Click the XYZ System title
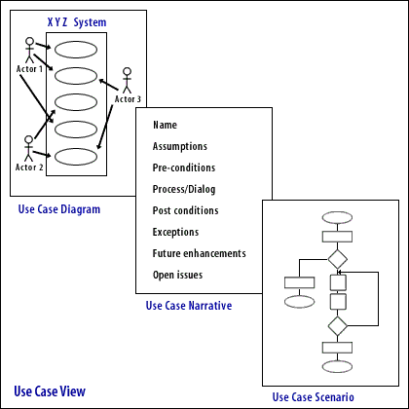click(x=77, y=22)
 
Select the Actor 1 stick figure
click(x=29, y=50)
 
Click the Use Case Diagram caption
click(x=58, y=209)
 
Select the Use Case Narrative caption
click(x=188, y=306)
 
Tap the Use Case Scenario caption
click(x=313, y=396)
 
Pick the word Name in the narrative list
click(x=165, y=125)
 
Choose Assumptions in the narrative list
click(x=179, y=146)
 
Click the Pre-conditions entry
click(x=182, y=167)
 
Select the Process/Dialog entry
click(x=184, y=189)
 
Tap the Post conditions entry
click(x=185, y=210)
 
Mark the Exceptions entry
click(x=175, y=232)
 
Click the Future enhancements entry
click(x=199, y=253)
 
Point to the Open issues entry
click(x=177, y=275)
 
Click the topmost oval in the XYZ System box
click(x=75, y=49)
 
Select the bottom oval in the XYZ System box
click(x=75, y=156)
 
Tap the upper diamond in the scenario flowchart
click(x=337, y=259)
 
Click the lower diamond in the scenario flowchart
click(x=337, y=325)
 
